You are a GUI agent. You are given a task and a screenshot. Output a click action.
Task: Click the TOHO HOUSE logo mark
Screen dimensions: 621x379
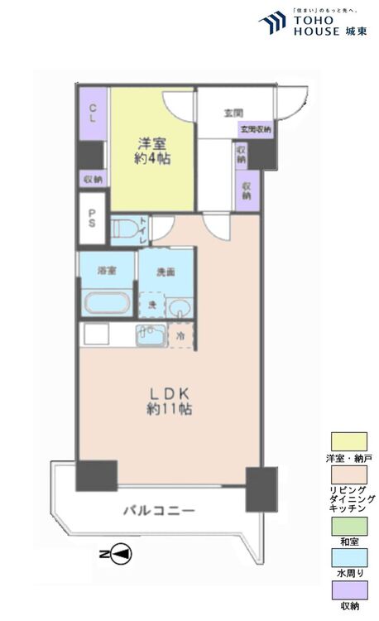point(271,22)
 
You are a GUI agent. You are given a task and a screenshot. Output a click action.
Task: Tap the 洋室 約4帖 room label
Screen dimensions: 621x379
point(153,150)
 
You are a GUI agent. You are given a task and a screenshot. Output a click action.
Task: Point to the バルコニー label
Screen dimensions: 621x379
point(160,511)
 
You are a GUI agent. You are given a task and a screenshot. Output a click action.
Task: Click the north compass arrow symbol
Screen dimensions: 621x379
point(117,551)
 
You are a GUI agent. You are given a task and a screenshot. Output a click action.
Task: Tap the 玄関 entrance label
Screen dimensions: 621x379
point(233,113)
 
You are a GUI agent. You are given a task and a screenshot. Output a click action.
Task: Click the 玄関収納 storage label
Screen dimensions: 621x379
point(255,129)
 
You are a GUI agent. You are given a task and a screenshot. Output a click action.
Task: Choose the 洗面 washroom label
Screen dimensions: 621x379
point(166,272)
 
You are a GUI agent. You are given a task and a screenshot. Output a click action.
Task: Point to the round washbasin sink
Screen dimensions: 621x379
point(180,308)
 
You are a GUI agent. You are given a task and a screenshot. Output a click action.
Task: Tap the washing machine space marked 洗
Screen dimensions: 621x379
point(151,305)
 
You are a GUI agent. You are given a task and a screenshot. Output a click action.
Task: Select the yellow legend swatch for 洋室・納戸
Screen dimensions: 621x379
point(348,441)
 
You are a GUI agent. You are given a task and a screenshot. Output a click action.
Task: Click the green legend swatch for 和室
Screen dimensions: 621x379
point(348,526)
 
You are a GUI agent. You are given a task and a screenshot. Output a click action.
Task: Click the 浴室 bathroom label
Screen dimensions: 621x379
point(106,271)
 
